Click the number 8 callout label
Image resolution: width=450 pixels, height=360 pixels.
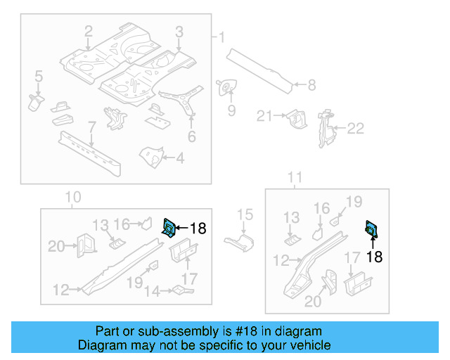click(311, 86)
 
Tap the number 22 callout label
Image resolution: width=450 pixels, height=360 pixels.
click(356, 128)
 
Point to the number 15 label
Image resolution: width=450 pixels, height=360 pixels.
click(244, 215)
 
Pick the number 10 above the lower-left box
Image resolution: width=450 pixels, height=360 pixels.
click(73, 198)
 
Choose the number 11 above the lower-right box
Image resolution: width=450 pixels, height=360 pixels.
click(296, 177)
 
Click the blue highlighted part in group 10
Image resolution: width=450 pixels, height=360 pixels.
click(169, 227)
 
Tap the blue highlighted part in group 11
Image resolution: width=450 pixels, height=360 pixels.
click(371, 229)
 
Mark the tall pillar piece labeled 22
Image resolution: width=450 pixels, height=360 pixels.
click(325, 129)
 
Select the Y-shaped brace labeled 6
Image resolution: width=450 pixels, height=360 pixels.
click(184, 103)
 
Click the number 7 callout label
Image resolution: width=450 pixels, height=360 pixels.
click(91, 127)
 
